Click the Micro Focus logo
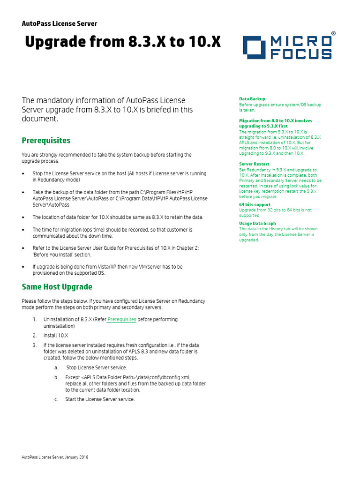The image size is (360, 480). (x=287, y=47)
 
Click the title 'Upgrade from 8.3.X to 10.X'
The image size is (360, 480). (x=122, y=43)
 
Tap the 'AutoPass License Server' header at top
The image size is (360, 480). (x=60, y=23)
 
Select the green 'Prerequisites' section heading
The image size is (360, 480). (x=46, y=140)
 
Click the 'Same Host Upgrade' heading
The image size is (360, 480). (x=57, y=286)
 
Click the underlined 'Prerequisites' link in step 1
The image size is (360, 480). (x=122, y=319)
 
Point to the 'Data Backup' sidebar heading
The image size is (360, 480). (x=252, y=99)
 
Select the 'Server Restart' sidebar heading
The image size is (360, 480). (x=254, y=164)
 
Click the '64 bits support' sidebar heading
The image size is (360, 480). (x=255, y=205)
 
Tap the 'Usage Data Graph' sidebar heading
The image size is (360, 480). (x=257, y=224)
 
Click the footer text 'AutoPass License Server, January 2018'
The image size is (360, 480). (x=55, y=457)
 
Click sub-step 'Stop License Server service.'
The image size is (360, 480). (x=97, y=367)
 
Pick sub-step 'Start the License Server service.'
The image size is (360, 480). (x=100, y=399)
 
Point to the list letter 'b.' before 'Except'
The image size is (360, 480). (x=56, y=377)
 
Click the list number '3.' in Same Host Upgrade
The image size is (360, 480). (x=35, y=345)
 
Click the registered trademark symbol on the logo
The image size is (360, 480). (x=333, y=34)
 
